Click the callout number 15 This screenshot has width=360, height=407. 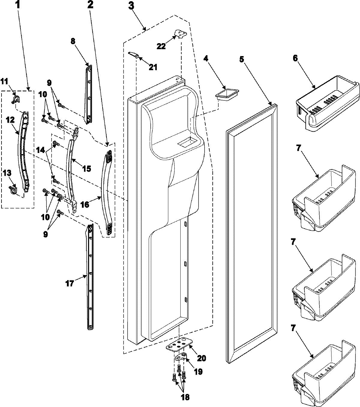86,169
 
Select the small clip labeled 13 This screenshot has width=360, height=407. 13,189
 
